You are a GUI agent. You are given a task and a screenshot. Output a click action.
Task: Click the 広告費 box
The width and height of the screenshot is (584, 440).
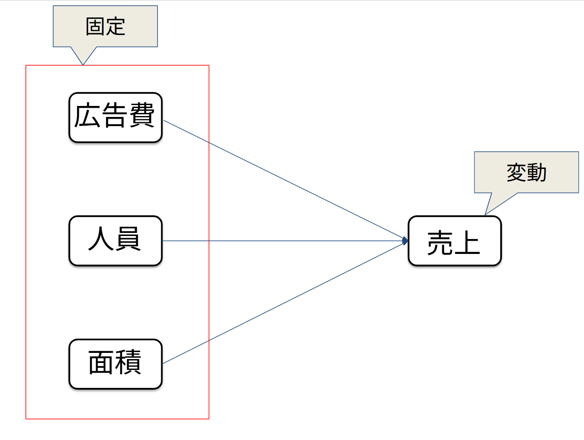[116, 117]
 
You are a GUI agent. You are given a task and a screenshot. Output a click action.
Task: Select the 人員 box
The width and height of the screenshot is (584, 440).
[116, 240]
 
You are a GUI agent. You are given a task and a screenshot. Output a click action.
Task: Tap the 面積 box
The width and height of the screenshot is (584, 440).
[116, 364]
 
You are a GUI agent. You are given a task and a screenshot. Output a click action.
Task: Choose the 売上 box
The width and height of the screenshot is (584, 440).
[454, 241]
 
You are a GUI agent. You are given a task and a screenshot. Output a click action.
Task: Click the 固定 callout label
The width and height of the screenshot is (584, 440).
[105, 26]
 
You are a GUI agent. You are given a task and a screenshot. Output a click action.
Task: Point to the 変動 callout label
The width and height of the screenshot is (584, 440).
[526, 172]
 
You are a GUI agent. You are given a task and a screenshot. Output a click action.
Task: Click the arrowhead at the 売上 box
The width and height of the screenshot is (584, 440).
[405, 241]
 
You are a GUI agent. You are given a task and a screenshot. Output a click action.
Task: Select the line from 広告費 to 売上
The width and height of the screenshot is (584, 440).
[285, 180]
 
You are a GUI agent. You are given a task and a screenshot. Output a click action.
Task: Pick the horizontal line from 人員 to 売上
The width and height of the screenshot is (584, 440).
[285, 241]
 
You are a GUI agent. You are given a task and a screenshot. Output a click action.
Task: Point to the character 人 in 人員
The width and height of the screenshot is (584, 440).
[102, 239]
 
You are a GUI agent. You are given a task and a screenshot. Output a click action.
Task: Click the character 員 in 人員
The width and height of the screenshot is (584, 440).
[128, 239]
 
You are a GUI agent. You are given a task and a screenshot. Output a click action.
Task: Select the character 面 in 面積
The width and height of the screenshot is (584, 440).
[102, 363]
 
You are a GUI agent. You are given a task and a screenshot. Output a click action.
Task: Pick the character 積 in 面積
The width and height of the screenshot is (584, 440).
[128, 363]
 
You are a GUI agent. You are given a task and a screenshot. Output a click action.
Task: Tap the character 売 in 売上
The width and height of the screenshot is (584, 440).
[441, 243]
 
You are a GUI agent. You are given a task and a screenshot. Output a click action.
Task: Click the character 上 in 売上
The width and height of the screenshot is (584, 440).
[467, 243]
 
